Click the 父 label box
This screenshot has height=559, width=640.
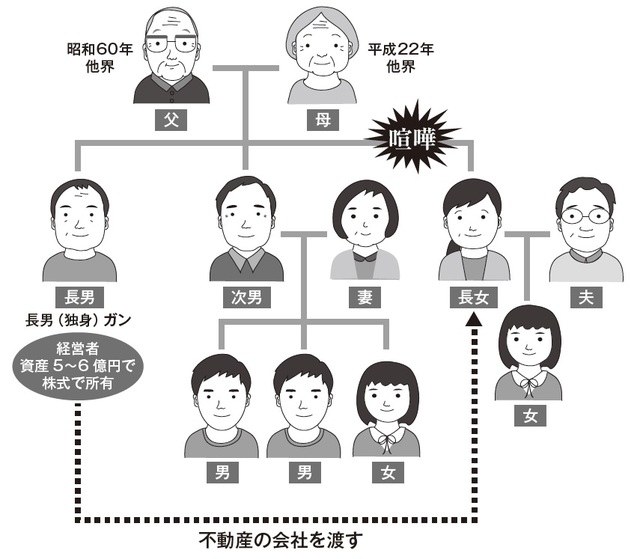coord(171,122)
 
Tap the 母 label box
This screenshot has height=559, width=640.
coord(320,122)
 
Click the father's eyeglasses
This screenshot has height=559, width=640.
coord(172,45)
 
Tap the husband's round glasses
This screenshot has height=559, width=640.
coord(584,217)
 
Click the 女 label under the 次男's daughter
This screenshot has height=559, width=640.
coord(386,470)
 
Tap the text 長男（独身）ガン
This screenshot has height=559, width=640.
coord(79,322)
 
